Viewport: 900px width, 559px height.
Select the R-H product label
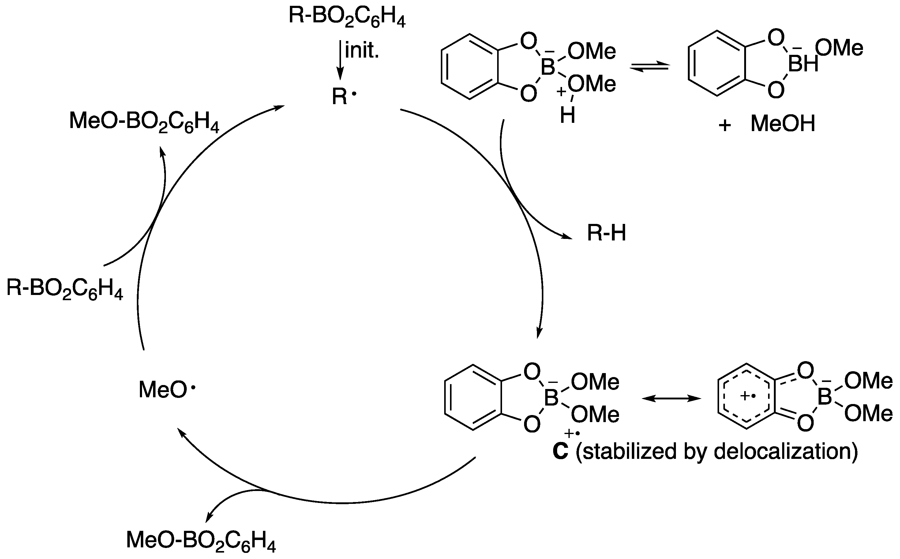[607, 234]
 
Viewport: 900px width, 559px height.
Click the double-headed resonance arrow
[671, 398]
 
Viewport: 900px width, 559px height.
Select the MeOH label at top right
[782, 124]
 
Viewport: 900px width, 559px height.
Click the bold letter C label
[560, 451]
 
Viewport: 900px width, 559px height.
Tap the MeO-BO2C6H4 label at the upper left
[144, 122]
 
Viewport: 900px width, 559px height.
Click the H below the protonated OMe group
[568, 116]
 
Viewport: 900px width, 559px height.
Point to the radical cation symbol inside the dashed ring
[748, 396]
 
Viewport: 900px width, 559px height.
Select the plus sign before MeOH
[725, 126]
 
